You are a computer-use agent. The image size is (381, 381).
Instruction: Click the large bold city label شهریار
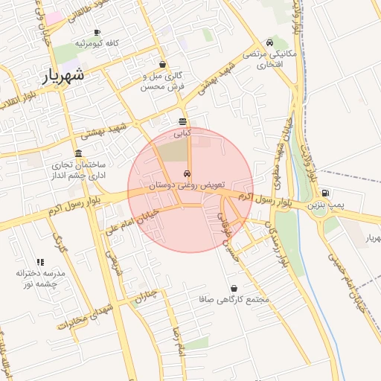click(59, 76)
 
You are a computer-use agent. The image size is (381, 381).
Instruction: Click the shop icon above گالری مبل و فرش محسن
click(162, 65)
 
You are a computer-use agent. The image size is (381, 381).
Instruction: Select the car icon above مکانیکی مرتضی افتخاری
click(269, 43)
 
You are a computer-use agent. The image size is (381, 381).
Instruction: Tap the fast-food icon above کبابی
click(183, 121)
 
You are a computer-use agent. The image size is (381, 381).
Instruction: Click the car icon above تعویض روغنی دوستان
click(186, 173)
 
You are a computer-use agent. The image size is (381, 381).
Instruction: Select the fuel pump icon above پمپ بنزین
click(326, 193)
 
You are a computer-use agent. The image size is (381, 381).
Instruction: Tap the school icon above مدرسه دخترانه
click(40, 262)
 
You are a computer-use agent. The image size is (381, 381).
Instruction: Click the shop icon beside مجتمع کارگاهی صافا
click(234, 288)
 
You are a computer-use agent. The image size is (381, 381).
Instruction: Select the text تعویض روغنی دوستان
click(182, 184)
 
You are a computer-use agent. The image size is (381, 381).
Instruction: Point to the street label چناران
click(147, 298)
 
